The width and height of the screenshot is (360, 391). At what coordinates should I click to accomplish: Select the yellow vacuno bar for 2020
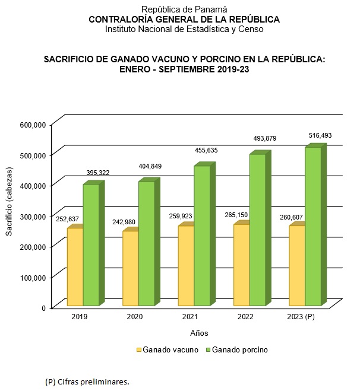click(130, 268)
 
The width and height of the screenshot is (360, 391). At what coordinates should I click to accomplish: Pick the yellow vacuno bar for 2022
click(241, 265)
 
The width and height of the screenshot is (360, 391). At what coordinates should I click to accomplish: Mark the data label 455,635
click(207, 151)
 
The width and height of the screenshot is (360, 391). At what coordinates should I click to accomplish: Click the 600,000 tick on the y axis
click(33, 125)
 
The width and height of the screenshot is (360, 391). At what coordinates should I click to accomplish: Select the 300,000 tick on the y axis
click(33, 216)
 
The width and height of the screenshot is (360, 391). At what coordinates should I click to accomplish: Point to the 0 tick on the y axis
click(44, 307)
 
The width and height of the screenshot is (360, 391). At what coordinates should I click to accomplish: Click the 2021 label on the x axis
click(191, 317)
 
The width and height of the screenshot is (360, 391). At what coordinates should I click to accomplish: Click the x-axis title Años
click(199, 332)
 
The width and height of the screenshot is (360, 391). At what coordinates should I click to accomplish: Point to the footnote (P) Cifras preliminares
click(87, 381)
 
